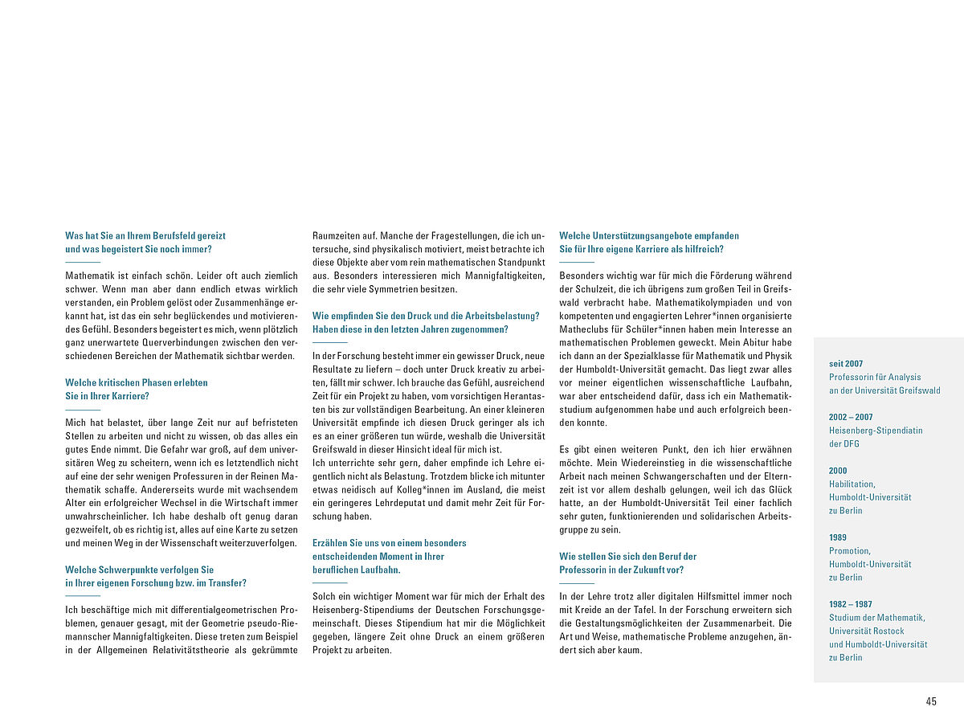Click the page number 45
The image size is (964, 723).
coord(931,701)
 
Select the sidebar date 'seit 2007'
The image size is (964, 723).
coord(846,364)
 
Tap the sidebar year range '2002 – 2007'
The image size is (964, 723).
coord(851,417)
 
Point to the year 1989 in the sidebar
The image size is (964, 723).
coord(837,537)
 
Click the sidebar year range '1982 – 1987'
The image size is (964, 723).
coord(851,604)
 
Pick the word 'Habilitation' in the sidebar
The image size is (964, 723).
coord(852,484)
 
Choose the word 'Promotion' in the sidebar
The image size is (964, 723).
coord(849,551)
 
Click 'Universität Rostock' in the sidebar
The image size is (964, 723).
coord(867,631)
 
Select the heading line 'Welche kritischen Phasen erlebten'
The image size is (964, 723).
coord(137,382)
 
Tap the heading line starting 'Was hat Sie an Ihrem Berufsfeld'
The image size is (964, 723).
coord(145,235)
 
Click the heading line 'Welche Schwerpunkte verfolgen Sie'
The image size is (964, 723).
coord(140,570)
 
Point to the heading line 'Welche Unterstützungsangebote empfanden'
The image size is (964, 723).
coord(649,235)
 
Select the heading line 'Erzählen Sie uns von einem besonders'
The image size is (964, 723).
coord(390,543)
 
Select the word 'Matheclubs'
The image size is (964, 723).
coord(585,329)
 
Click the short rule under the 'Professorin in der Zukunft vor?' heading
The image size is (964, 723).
coord(577,583)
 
